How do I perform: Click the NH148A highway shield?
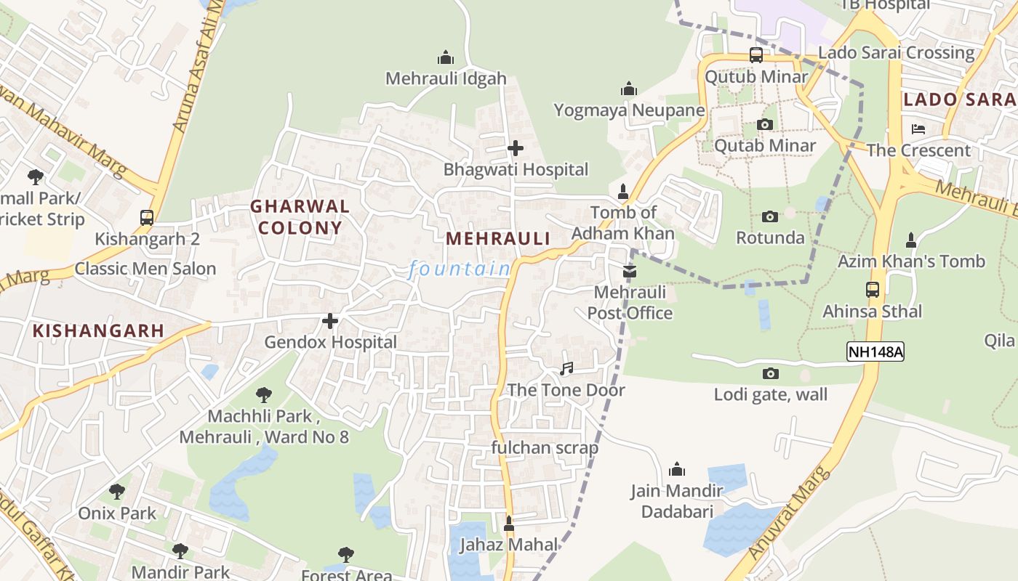coord(875,352)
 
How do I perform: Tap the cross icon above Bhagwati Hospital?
coord(516,148)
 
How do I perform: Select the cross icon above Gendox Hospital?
coord(330,320)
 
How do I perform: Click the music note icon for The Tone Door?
coord(566,369)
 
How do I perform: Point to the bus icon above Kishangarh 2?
coord(147,217)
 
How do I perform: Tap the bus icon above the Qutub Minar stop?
coord(756,55)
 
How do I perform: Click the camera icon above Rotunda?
coord(770,216)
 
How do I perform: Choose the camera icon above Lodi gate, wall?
coord(770,373)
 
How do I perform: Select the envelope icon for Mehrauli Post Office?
coord(630,271)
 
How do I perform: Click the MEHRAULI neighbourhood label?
coord(498,238)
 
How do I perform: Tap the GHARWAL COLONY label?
coord(300,216)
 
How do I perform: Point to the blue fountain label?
coord(460,269)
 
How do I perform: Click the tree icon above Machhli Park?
coord(264,395)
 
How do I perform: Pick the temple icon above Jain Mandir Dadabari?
coord(677,469)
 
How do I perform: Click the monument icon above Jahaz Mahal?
coord(509,523)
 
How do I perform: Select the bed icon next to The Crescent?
coord(918,129)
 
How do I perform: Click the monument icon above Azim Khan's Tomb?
coord(910,240)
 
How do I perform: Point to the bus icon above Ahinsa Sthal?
coord(873,289)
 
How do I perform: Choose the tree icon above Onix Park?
coord(117,492)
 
